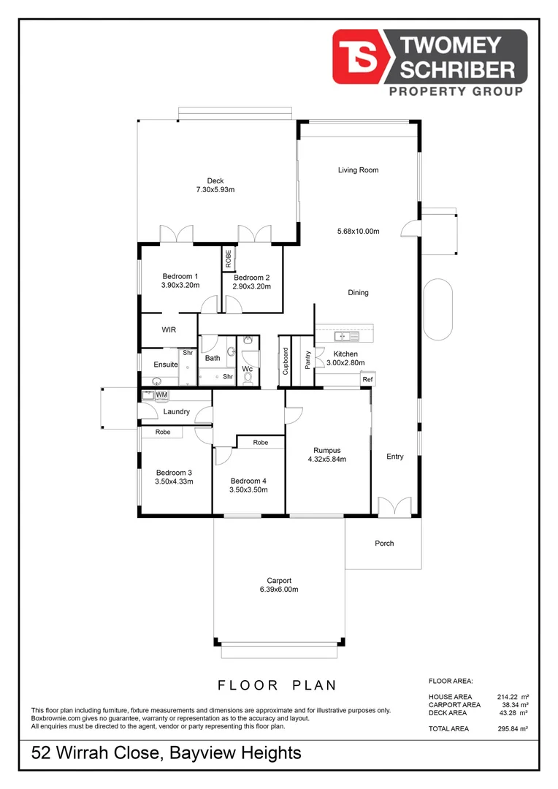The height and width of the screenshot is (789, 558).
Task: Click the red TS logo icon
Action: coord(362,56)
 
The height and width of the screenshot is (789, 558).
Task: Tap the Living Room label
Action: coord(358,170)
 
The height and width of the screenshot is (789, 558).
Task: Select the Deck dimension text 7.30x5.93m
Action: coord(215,190)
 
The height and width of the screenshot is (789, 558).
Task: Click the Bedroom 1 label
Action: coord(180,276)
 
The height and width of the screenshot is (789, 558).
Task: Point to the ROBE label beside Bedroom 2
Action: coord(228,258)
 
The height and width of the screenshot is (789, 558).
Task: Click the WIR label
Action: coord(169,329)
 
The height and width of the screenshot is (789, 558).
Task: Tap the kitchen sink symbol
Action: coord(345,337)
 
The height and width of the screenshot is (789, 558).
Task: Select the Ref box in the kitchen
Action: coord(367,380)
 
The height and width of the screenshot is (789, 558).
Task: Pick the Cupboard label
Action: coord(286,361)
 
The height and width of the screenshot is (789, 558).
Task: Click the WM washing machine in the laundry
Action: coord(161,394)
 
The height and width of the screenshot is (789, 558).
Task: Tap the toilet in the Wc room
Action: coord(249,378)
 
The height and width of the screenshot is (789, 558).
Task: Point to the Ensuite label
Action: coord(165,365)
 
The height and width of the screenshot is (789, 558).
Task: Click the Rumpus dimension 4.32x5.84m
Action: coord(327,460)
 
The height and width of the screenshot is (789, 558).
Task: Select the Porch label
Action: coord(384,543)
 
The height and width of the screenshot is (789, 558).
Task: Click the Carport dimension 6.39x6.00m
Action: coord(279,590)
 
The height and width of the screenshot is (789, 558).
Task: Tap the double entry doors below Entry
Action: coord(395,506)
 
